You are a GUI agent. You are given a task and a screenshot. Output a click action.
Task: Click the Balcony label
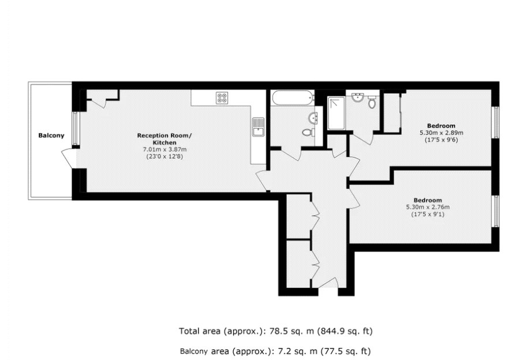coord(51,136)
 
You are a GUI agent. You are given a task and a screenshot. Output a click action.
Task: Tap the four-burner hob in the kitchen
coord(223,98)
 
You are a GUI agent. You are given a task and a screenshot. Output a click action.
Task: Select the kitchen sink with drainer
coord(257,127)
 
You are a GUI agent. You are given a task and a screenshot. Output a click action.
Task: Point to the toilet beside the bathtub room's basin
coord(308,132)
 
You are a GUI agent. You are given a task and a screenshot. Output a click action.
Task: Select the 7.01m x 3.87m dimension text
coord(165,149)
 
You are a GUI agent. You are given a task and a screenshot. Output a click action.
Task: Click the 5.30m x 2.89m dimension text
coord(441,133)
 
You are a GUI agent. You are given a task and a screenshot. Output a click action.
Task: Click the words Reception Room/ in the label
coord(165,136)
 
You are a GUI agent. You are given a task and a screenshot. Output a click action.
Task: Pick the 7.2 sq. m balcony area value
coord(289,350)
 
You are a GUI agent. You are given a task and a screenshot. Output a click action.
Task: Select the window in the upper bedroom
coord(495,122)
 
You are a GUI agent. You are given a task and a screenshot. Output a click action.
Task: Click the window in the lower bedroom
coord(495,211)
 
